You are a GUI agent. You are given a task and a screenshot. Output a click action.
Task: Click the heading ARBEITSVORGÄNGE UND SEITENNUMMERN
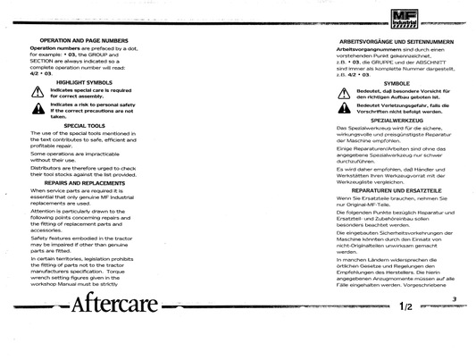coord(384,41)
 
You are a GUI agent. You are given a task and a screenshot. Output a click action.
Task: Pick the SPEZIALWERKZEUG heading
coord(384,118)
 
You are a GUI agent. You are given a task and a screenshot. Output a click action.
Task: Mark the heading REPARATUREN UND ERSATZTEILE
coord(384,190)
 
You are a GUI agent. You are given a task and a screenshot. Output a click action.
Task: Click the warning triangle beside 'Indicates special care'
coord(38,93)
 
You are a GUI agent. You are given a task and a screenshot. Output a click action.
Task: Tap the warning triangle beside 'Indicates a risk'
coord(38,108)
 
